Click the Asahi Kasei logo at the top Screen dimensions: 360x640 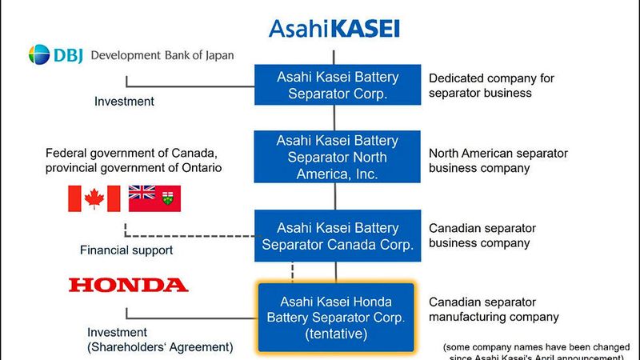point(334,29)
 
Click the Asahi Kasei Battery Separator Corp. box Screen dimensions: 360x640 point(337,85)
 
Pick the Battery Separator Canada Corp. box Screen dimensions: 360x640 point(337,236)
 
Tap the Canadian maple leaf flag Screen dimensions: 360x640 point(94,198)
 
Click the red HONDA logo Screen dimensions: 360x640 point(129,285)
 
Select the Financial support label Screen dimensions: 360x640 point(126,250)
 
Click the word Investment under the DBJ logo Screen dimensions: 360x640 point(124,102)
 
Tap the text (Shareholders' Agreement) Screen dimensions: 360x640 point(160,347)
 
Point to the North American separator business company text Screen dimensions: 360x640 point(498,160)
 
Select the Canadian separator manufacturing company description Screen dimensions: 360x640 point(494,310)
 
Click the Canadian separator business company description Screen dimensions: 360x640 point(482,235)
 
